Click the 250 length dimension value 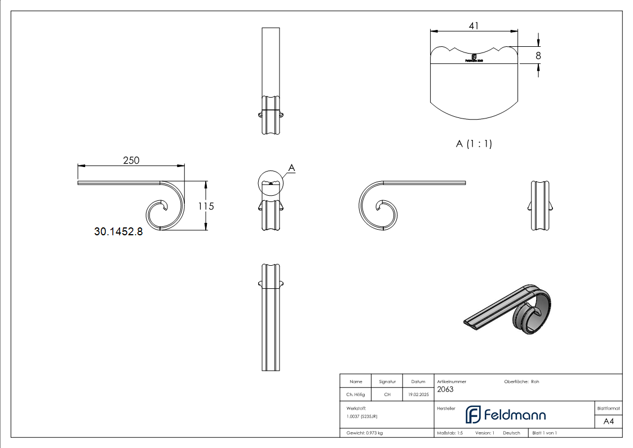click(x=131, y=160)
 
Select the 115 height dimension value click(x=206, y=207)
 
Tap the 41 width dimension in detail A click(x=473, y=25)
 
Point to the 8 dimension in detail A click(x=538, y=55)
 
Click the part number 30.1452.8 click(x=118, y=231)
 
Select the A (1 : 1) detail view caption click(x=473, y=144)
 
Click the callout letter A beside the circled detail click(x=291, y=168)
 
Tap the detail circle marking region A click(x=271, y=182)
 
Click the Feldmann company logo click(x=505, y=415)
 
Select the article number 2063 click(x=445, y=389)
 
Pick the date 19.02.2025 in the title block click(x=418, y=395)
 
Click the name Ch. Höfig click(x=356, y=395)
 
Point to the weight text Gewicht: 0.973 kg click(x=365, y=433)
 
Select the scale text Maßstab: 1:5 click(x=450, y=433)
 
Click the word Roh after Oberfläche click(x=535, y=382)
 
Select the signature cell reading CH click(x=387, y=395)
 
